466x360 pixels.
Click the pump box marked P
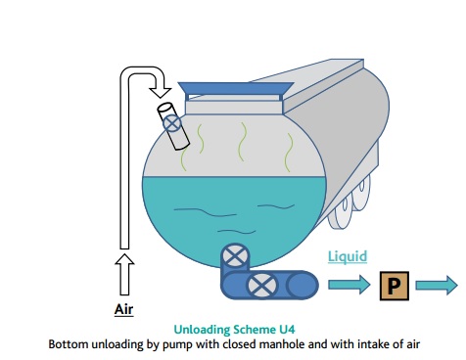395,286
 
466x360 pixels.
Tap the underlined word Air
124,309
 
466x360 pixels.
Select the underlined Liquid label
348,256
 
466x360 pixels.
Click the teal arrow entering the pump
349,285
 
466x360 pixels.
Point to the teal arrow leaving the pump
437,286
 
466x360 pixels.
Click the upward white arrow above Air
124,275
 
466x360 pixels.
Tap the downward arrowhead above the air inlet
160,91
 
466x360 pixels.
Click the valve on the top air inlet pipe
171,123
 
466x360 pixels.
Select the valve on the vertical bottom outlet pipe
235,256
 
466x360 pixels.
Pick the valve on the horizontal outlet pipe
262,286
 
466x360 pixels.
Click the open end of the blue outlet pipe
303,285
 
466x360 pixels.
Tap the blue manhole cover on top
236,89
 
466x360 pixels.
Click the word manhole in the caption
279,344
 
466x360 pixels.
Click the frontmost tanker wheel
341,213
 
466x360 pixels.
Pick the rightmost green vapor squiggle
289,153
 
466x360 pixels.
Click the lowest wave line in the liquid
237,232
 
